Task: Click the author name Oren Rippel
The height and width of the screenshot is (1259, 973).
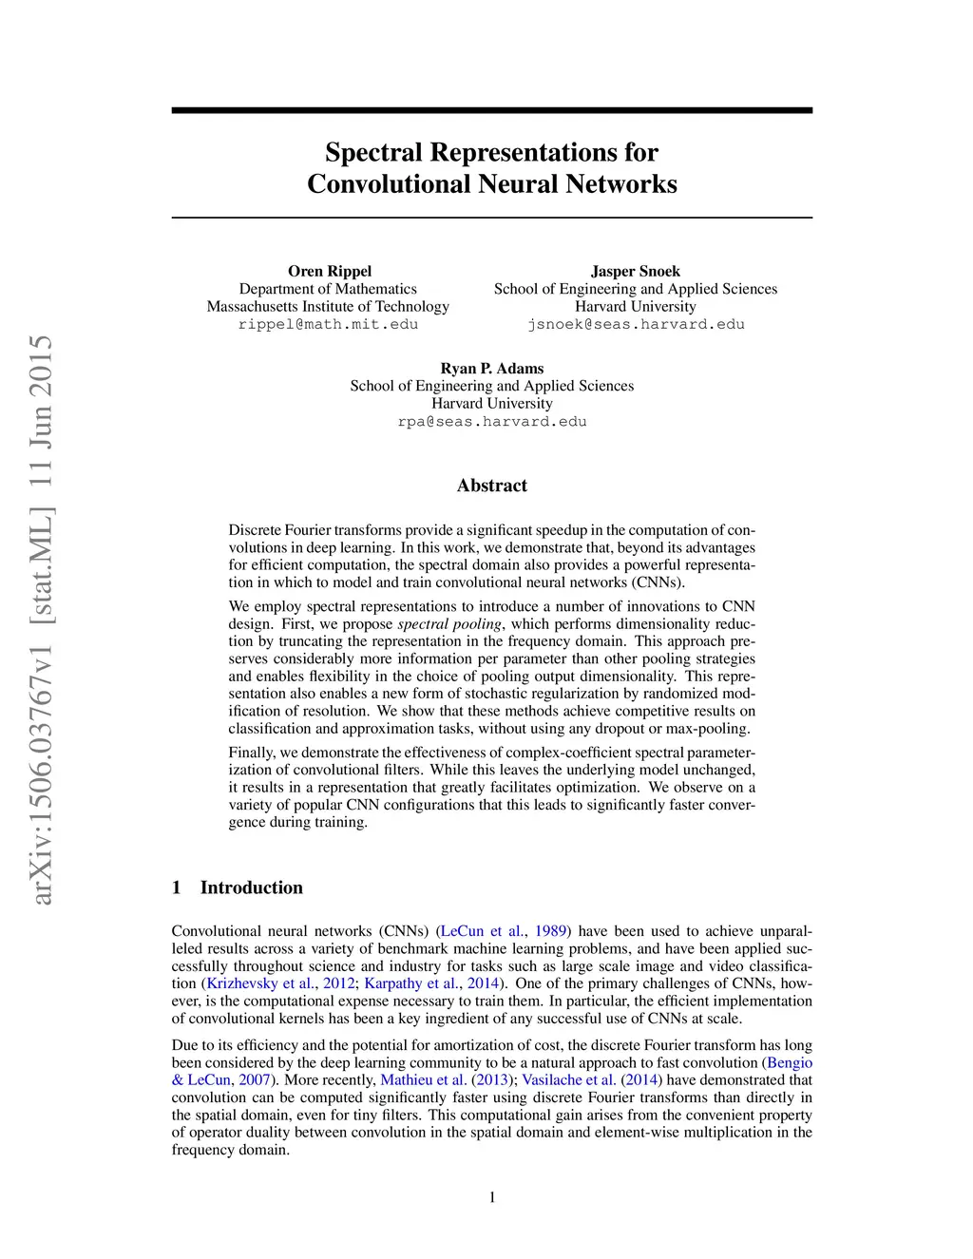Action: [330, 271]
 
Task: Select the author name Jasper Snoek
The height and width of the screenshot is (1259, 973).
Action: [635, 271]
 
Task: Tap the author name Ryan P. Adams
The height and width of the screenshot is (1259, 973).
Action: [491, 368]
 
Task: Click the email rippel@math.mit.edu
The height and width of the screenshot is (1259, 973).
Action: [328, 324]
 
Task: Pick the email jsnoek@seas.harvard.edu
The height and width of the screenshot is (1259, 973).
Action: [636, 324]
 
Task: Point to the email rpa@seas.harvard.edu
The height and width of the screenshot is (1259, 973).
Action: [491, 421]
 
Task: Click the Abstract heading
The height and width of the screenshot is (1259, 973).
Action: [491, 486]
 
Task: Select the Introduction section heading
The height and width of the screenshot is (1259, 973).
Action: [251, 887]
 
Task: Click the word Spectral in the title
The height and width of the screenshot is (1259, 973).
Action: [373, 152]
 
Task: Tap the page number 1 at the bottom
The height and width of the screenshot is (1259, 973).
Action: [492, 1197]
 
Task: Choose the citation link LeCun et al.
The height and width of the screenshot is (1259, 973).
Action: [482, 931]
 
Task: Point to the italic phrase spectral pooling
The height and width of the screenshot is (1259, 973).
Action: [449, 624]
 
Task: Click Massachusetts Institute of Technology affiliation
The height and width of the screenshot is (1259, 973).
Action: [328, 306]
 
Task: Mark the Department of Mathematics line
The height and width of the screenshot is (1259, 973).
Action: [328, 289]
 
